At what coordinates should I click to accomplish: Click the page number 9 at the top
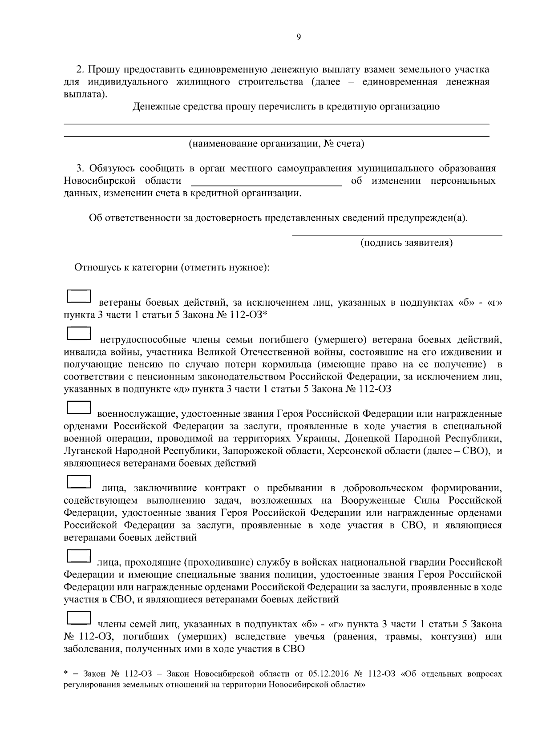click(x=298, y=37)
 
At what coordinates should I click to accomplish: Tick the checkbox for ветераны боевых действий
click(x=78, y=297)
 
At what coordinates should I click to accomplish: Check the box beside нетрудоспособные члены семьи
click(x=78, y=334)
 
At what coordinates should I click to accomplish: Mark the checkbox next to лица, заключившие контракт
click(x=78, y=482)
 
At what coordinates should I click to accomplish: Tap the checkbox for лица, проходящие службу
click(x=78, y=556)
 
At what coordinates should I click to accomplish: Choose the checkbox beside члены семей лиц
click(x=78, y=618)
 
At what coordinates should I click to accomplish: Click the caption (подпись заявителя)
click(x=406, y=242)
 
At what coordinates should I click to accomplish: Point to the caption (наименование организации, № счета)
click(x=276, y=144)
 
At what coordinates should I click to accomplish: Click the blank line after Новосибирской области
click(x=266, y=182)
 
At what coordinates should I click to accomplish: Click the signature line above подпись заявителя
click(x=396, y=234)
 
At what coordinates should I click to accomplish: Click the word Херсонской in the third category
click(x=350, y=451)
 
